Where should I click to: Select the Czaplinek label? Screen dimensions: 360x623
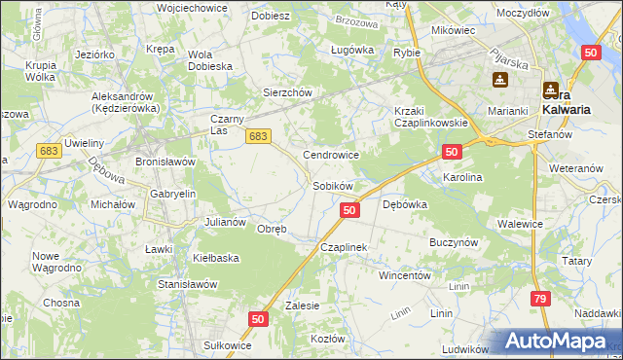pos(344,247)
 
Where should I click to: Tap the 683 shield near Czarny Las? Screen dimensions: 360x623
pos(257,137)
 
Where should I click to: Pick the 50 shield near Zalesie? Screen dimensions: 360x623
pos(258,319)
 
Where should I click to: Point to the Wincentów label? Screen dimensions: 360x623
pos(404,275)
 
